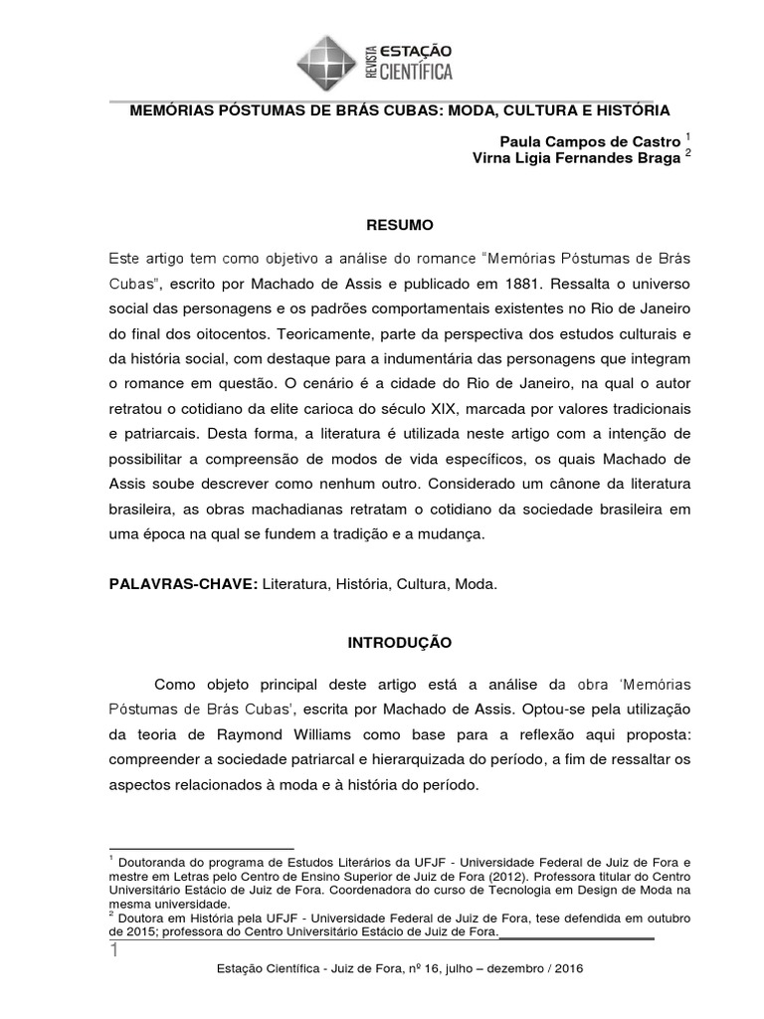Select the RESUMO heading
click(x=397, y=225)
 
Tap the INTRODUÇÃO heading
click(x=399, y=643)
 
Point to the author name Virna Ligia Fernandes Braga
click(x=576, y=157)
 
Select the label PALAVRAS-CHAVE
click(x=182, y=585)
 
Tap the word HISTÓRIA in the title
click(x=627, y=108)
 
